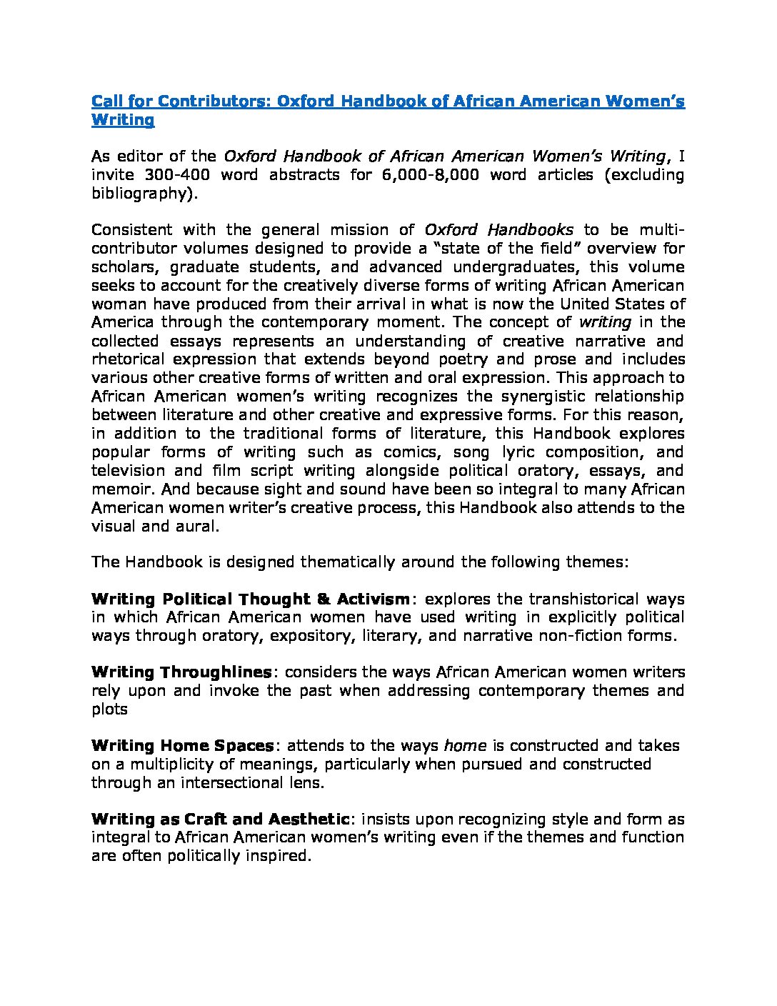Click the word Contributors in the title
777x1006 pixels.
[x=211, y=101]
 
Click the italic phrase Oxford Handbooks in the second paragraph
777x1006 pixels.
[x=498, y=230]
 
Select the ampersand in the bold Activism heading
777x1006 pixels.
[x=322, y=599]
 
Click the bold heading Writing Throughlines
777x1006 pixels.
[x=181, y=672]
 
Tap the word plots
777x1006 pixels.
[x=109, y=709]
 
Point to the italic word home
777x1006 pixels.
[x=465, y=746]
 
